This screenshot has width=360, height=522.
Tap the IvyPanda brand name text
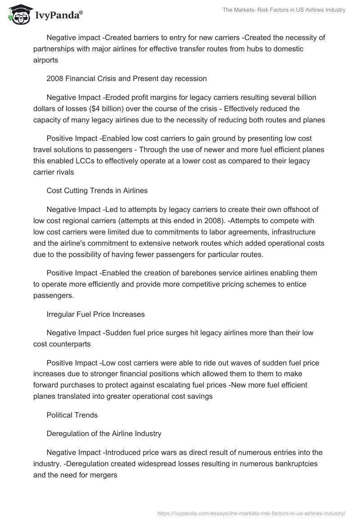pos(59,16)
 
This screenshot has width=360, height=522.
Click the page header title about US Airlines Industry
pos(284,10)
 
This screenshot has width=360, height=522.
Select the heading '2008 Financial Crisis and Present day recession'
pos(126,78)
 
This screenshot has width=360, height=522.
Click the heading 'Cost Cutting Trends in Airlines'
pos(97,190)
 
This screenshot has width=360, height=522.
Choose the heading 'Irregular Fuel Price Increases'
pos(95,314)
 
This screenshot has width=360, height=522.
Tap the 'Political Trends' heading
pos(72,414)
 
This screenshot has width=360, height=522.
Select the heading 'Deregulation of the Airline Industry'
pos(103,433)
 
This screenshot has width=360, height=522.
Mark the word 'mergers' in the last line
pos(104,474)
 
